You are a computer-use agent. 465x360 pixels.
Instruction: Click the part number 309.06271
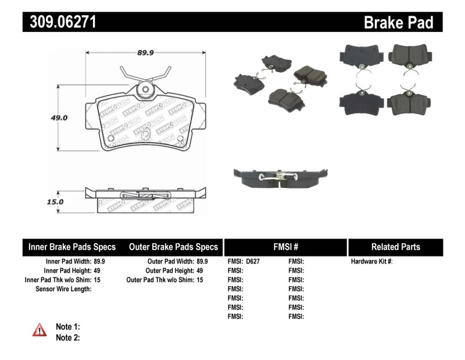[59, 22]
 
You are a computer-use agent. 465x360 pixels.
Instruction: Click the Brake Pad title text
[398, 23]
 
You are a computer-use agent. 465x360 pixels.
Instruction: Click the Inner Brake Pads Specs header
[72, 247]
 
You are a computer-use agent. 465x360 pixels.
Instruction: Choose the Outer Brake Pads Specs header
[174, 247]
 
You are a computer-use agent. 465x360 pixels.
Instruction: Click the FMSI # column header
[285, 247]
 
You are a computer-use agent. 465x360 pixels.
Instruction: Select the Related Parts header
[395, 247]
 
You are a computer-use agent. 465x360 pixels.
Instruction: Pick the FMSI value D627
[252, 262]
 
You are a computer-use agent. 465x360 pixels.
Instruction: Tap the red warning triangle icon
[40, 330]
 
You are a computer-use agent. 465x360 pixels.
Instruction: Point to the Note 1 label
[67, 326]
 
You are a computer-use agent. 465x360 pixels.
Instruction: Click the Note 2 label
[67, 337]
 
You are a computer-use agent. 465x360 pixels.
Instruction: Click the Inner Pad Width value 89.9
[99, 262]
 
